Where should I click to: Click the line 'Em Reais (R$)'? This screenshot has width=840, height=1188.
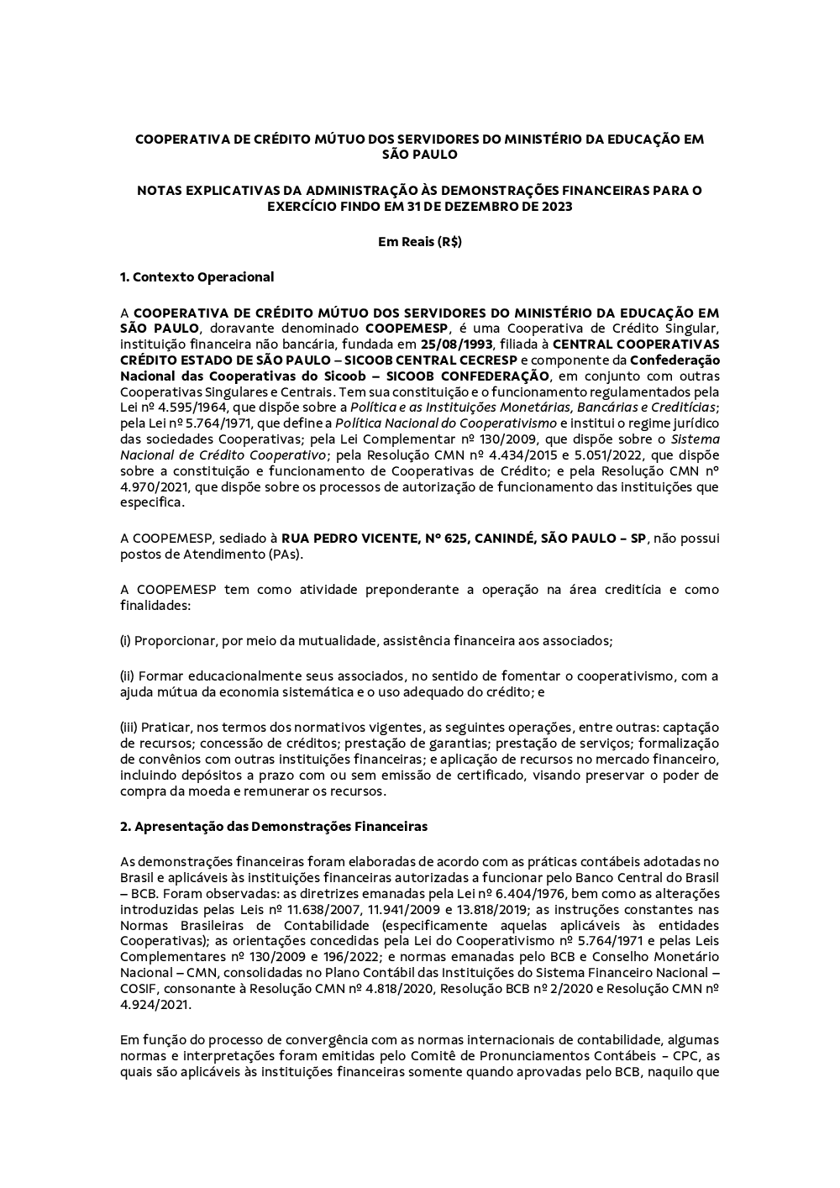point(420,242)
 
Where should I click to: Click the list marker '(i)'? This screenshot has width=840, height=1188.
point(126,640)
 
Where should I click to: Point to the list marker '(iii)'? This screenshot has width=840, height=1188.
point(129,727)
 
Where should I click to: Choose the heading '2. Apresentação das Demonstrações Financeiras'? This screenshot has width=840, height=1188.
point(274,826)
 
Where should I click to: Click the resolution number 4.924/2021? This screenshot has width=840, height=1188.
point(155,1004)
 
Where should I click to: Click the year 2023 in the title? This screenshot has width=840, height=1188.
point(557,206)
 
